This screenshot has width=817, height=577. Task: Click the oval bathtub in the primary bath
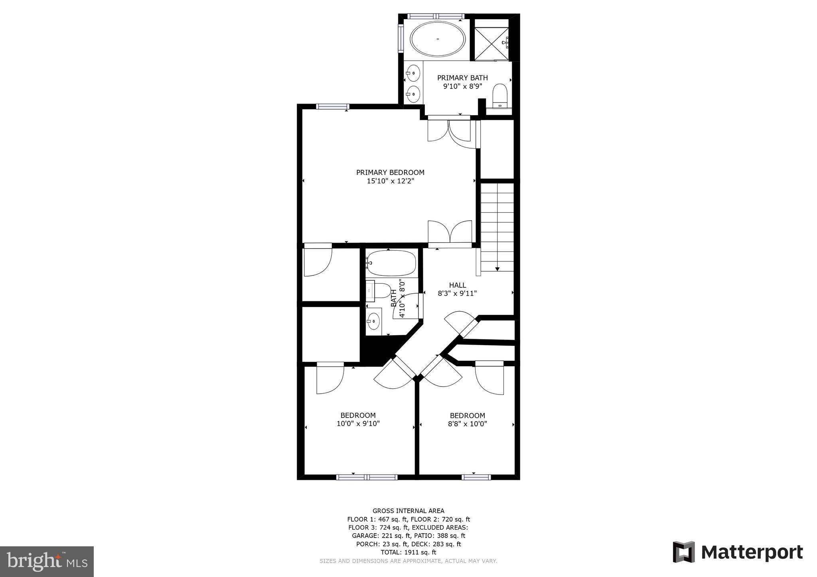tap(438, 39)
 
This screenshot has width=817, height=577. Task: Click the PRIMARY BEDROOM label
tap(390, 173)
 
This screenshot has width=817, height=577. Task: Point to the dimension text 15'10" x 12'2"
tap(390, 181)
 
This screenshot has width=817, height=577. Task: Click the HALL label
tap(458, 285)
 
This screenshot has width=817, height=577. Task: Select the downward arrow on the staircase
tap(497, 269)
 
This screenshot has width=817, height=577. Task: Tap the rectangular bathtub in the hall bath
tap(391, 263)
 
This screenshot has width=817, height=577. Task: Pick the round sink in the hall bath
tap(373, 321)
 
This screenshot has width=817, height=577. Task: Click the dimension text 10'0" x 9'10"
tap(358, 424)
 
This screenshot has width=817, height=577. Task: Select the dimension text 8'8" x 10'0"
tap(467, 424)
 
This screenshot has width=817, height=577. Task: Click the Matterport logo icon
tap(683, 552)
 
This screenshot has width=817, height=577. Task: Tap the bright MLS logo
tap(47, 561)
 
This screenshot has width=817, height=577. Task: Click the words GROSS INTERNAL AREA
tap(408, 511)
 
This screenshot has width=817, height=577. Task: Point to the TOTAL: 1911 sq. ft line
tap(408, 552)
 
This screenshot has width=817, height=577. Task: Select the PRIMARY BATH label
tap(462, 78)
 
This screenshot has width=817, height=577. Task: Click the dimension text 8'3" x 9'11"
tap(457, 294)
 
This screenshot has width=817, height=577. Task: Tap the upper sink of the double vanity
tap(414, 73)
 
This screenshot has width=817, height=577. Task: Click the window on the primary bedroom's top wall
tap(333, 106)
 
